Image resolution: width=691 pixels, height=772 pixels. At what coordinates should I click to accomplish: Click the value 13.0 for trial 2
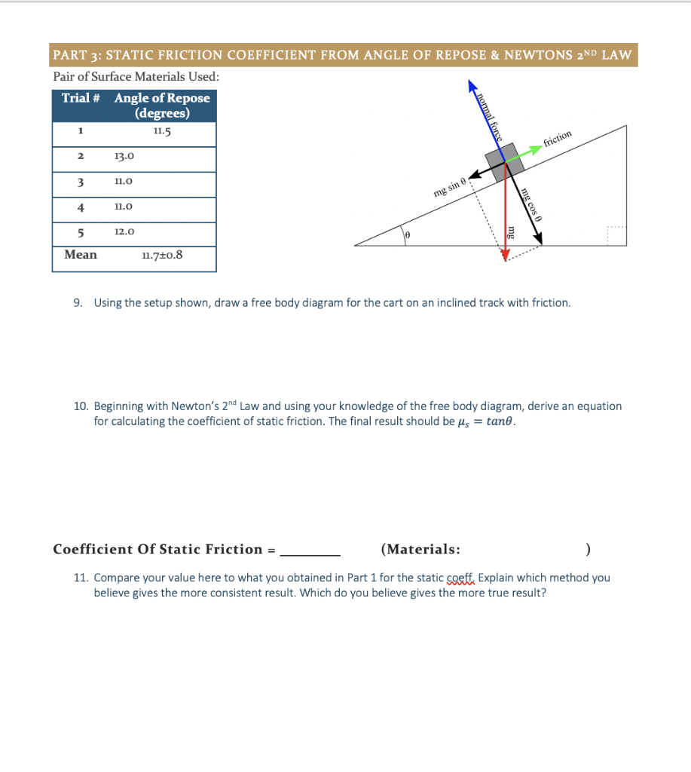pos(124,156)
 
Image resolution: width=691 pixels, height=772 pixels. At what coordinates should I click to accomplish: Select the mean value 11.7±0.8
pos(161,255)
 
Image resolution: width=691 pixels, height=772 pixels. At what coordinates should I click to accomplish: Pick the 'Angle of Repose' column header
pos(162,106)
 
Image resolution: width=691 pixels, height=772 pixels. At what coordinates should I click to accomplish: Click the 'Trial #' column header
pos(81,98)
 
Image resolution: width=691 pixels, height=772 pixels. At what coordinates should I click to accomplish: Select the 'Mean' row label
pos(81,255)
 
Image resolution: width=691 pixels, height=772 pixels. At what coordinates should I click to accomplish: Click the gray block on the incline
pos(498,161)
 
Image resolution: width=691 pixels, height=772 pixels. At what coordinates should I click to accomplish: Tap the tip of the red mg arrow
pos(505,257)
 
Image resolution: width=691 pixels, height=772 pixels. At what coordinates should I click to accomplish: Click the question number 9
pos(78,303)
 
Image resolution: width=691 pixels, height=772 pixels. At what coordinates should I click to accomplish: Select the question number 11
pos(80,578)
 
